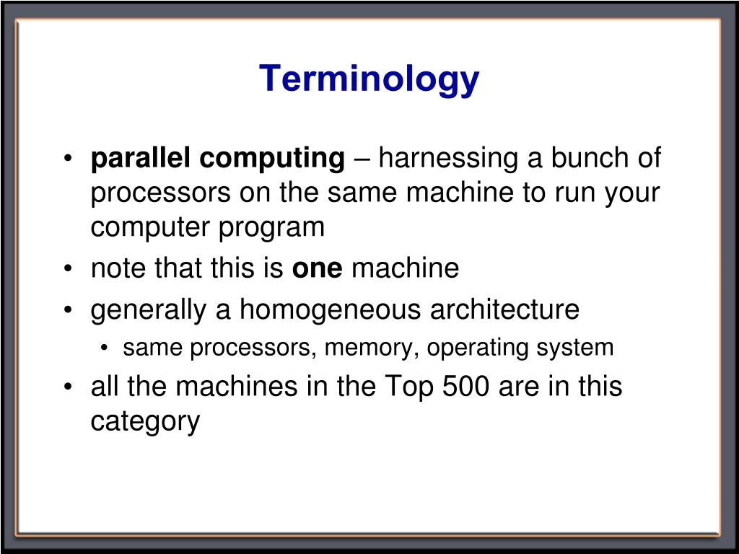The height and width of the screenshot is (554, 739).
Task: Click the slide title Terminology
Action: tap(369, 79)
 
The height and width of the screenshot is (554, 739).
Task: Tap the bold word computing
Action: tap(272, 159)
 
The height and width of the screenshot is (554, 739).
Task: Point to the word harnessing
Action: tap(447, 159)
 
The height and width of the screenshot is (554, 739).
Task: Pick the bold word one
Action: tap(318, 268)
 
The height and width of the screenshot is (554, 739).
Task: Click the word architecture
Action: tap(504, 309)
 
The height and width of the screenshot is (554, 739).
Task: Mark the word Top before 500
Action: tap(408, 387)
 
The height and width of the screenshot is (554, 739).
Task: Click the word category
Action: tap(145, 422)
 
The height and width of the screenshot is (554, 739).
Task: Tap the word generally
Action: tap(149, 310)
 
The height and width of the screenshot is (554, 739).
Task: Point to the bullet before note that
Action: tap(69, 269)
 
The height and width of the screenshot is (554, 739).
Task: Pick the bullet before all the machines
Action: tap(69, 387)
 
